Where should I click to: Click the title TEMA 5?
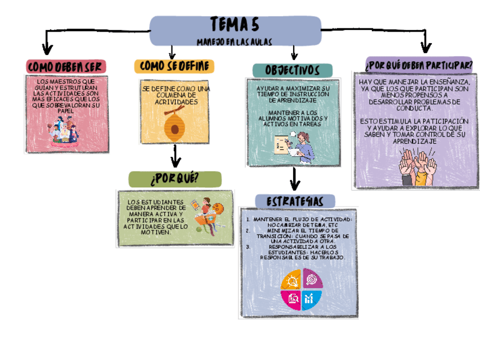234,25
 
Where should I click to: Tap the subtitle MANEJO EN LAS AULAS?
234,42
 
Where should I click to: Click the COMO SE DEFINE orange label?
174,66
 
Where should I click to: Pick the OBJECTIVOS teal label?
292,71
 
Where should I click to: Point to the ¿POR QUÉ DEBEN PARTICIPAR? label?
419,65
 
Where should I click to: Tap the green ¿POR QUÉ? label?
174,179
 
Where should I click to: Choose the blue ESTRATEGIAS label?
294,202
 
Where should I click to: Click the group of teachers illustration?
64,134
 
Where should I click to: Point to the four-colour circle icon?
301,288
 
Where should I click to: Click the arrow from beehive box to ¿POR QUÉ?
175,157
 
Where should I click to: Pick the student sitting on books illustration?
208,216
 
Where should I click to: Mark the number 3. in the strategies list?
248,247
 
